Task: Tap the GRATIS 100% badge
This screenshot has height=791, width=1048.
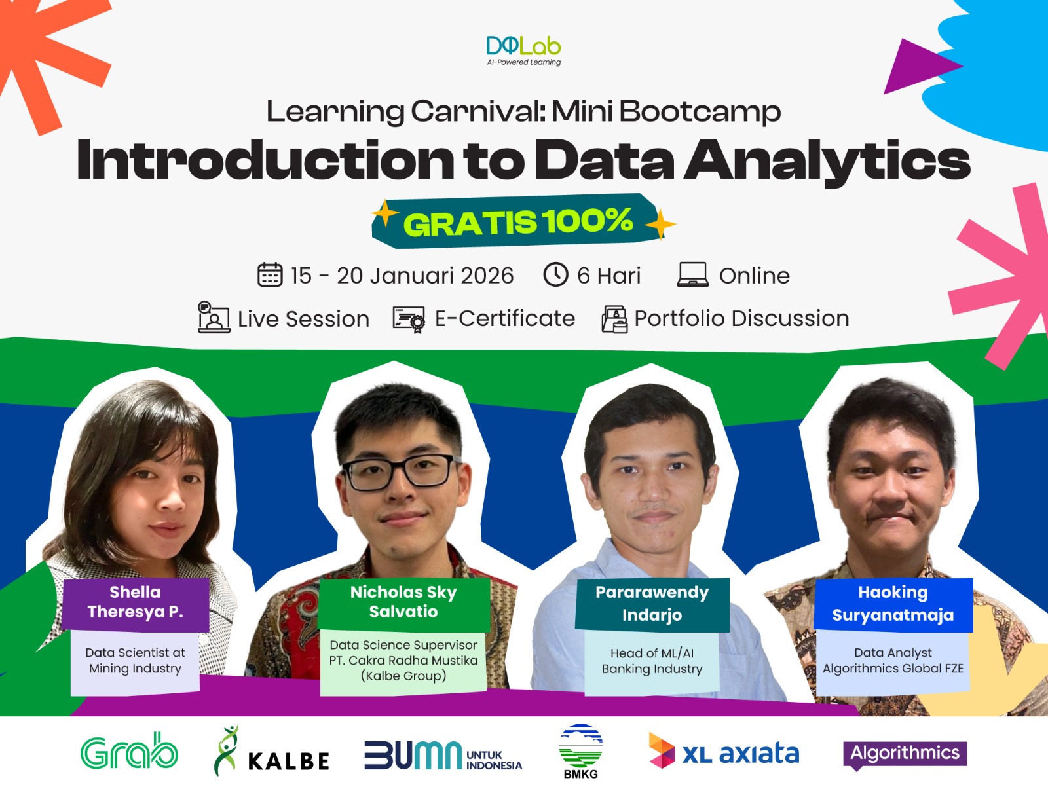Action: pyautogui.click(x=519, y=221)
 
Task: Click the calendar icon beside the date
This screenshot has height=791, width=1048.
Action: pyautogui.click(x=270, y=275)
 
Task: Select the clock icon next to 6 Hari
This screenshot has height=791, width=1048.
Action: pyautogui.click(x=555, y=274)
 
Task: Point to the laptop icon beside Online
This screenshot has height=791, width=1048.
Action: pyautogui.click(x=692, y=274)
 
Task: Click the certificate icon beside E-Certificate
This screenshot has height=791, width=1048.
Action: pyautogui.click(x=409, y=319)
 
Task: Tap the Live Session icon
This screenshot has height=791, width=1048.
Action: pyautogui.click(x=214, y=317)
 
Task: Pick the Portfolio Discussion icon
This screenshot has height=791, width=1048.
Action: pyautogui.click(x=614, y=319)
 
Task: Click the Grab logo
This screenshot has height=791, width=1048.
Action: pyautogui.click(x=129, y=751)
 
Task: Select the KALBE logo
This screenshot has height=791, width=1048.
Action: pyautogui.click(x=271, y=751)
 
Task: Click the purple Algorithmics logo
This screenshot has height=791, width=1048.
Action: pyautogui.click(x=905, y=754)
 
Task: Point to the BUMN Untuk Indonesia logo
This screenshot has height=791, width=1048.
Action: pyautogui.click(x=443, y=755)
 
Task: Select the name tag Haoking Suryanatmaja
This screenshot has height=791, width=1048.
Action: pyautogui.click(x=893, y=604)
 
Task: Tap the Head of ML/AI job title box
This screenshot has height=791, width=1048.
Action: pyautogui.click(x=652, y=661)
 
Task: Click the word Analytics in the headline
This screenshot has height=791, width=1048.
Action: pyautogui.click(x=827, y=160)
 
